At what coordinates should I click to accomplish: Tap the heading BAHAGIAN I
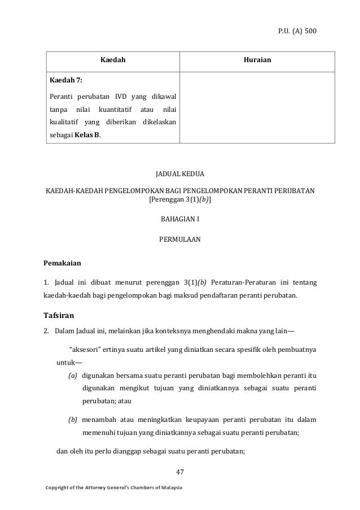180,219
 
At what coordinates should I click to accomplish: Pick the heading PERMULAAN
180,239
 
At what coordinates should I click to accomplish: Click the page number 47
180,471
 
